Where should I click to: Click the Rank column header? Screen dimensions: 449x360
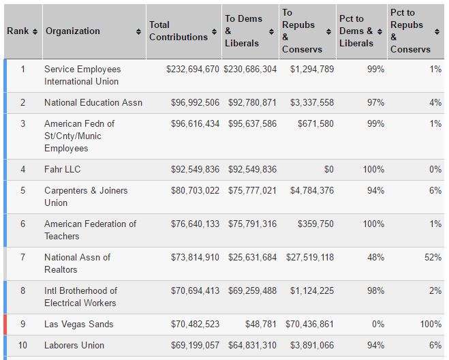coord(18,31)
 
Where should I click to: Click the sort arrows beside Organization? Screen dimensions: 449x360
coord(138,31)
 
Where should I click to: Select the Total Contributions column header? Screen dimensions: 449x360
coord(179,31)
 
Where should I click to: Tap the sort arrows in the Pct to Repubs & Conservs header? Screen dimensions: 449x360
coord(437,31)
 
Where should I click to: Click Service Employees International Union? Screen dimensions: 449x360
coord(82,75)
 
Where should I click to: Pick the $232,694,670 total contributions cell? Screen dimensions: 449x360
coord(193,69)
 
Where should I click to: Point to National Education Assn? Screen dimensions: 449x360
coord(93,102)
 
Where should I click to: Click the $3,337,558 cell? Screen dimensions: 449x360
coord(312,102)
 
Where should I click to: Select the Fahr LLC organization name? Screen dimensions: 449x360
coord(63,169)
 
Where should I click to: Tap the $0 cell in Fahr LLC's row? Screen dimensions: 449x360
coord(329,169)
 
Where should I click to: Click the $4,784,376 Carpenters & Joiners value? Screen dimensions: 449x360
coord(312,191)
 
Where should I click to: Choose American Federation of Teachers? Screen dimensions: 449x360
coord(90,230)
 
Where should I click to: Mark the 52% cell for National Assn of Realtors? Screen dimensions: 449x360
coord(433,258)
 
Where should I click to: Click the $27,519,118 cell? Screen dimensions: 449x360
coord(310,258)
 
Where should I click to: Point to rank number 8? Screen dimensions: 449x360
coord(23,290)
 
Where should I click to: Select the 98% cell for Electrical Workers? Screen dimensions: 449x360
coord(375,290)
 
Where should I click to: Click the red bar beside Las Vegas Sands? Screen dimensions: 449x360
coord(5,325)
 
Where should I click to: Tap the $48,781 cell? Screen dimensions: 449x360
coord(261,324)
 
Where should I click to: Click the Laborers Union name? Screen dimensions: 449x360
coord(74,346)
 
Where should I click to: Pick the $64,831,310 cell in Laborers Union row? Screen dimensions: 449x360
coord(252,346)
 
